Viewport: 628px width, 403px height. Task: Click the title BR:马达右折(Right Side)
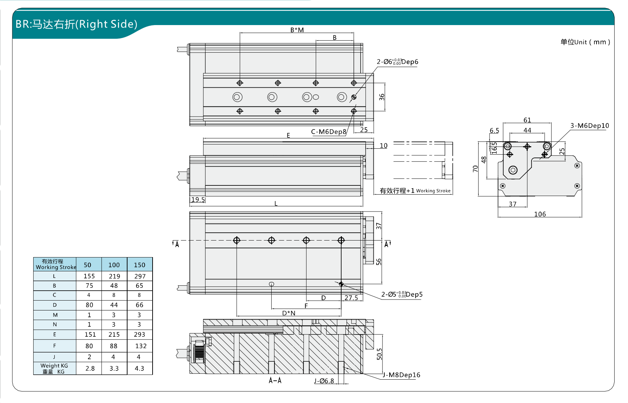click(x=76, y=24)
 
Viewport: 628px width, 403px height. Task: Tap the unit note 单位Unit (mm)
click(x=585, y=42)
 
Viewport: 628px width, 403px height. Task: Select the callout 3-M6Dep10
click(x=590, y=126)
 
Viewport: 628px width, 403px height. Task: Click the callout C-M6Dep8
click(x=328, y=132)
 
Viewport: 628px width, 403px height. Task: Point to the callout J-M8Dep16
click(x=402, y=375)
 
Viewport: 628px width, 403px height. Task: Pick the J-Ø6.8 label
click(x=324, y=381)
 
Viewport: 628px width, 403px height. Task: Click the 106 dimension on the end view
click(x=540, y=214)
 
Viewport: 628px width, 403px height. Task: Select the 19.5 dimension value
click(x=198, y=200)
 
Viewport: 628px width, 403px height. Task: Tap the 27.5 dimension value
click(x=351, y=298)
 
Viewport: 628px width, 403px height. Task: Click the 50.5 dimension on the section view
click(x=379, y=354)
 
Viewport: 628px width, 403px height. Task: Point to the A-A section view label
click(x=275, y=380)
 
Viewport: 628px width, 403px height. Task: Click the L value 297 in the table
click(x=140, y=276)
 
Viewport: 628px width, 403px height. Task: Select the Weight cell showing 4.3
click(x=140, y=368)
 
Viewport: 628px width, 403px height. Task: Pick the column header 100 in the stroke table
click(x=114, y=265)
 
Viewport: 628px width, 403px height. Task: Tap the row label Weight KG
click(x=54, y=368)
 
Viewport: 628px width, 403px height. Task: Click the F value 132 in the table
click(x=141, y=346)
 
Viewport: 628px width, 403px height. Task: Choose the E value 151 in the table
click(x=90, y=334)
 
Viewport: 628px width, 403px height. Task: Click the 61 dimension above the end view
click(x=527, y=120)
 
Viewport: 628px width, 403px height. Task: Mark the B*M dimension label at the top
click(x=297, y=30)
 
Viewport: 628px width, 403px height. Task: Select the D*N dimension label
click(x=289, y=313)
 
